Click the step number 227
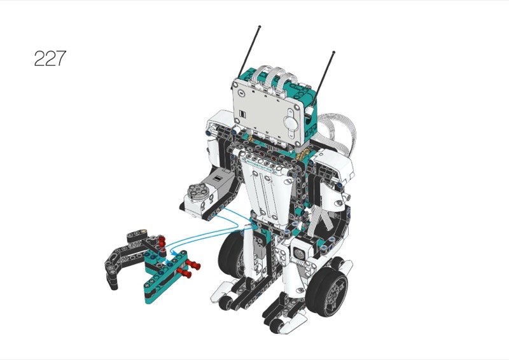[x=50, y=59]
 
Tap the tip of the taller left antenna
[x=260, y=26]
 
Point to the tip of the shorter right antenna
[x=333, y=52]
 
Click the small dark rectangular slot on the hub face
[x=242, y=114]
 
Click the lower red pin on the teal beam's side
[x=184, y=274]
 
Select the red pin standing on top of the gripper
[x=162, y=241]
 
